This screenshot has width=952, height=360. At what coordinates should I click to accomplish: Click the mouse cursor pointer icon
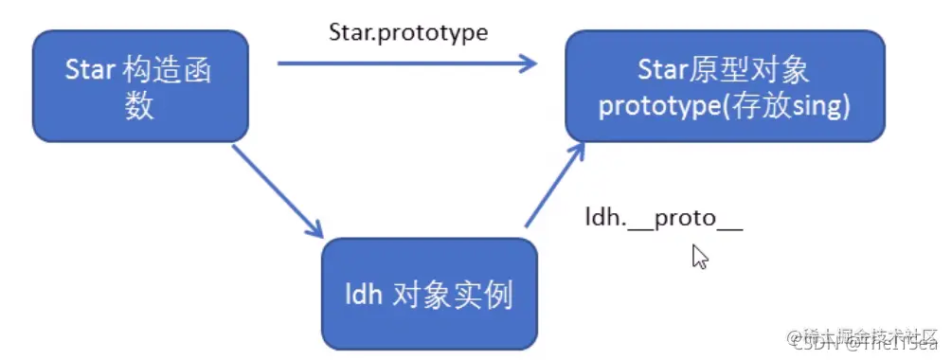700,256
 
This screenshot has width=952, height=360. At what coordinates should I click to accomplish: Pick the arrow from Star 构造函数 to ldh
277,189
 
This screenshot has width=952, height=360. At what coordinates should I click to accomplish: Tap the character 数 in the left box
139,108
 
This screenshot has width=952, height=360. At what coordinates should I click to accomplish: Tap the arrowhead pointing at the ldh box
315,230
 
